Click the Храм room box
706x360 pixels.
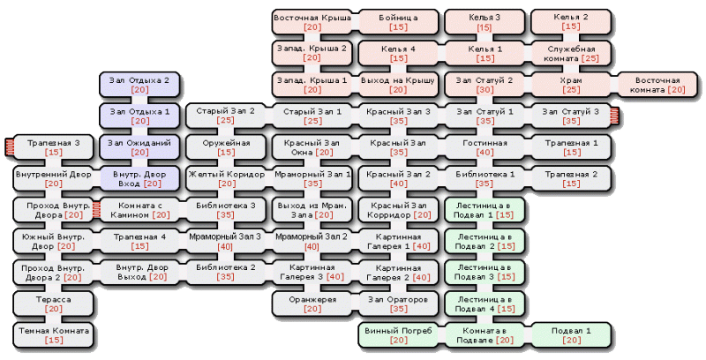click(x=570, y=85)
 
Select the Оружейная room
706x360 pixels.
click(x=226, y=147)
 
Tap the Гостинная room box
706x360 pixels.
click(x=484, y=147)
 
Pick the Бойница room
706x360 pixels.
click(x=398, y=22)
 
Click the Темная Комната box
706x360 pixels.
click(x=53, y=335)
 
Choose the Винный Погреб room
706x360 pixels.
click(x=398, y=335)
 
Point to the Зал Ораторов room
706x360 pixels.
click(x=398, y=304)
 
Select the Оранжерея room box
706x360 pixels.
click(x=312, y=304)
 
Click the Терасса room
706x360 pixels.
click(x=53, y=304)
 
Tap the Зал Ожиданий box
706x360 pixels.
click(x=139, y=147)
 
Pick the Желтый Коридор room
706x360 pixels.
click(x=226, y=178)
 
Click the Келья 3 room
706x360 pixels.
click(x=484, y=22)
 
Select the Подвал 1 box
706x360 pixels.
click(x=571, y=335)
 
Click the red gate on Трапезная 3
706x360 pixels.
click(x=10, y=147)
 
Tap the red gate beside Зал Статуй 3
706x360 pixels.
click(x=614, y=116)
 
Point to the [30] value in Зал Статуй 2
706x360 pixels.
click(x=484, y=89)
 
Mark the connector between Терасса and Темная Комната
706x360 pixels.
click(x=53, y=319)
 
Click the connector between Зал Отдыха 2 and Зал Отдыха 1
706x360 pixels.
click(x=139, y=101)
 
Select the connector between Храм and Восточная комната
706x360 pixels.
click(x=613, y=85)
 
